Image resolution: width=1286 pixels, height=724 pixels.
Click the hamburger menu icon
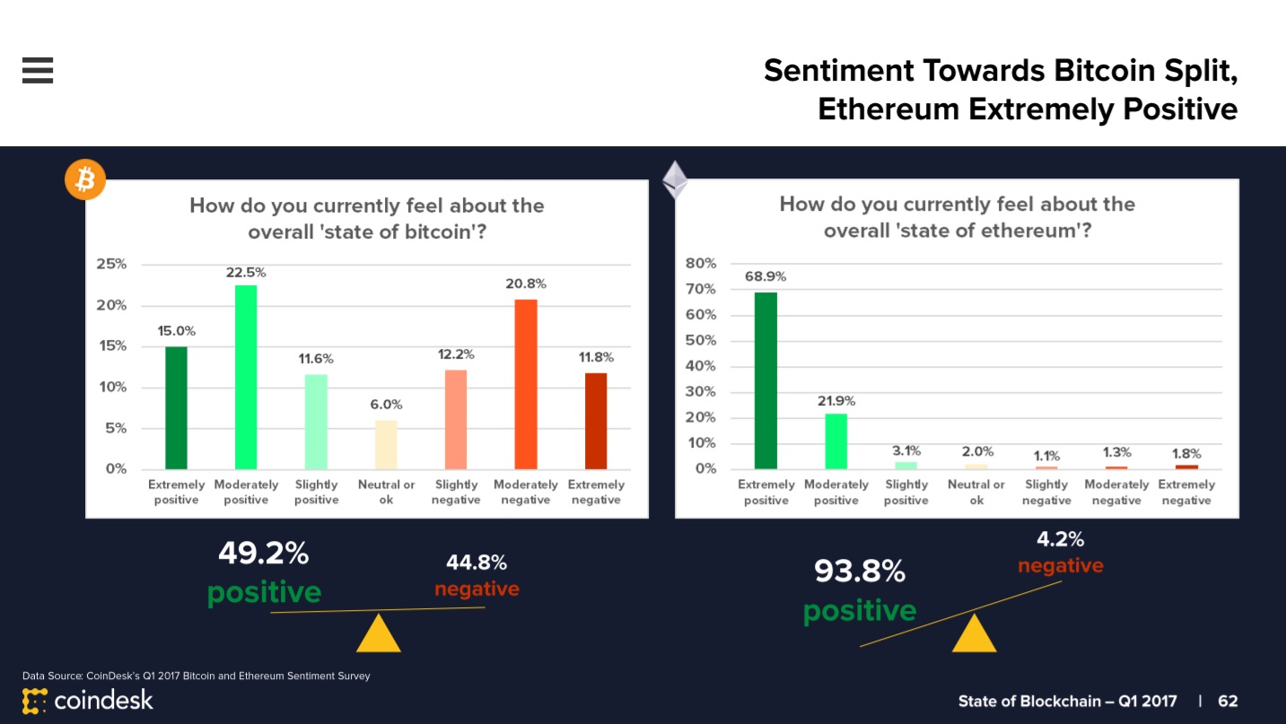(38, 70)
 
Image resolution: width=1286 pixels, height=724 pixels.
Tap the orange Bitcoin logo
(85, 181)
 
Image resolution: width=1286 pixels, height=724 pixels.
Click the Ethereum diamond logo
(675, 179)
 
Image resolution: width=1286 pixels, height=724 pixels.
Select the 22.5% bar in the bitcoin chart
(246, 377)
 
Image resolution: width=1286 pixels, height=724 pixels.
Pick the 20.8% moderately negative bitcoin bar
(526, 384)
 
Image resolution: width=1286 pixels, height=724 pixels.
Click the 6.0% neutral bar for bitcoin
(386, 444)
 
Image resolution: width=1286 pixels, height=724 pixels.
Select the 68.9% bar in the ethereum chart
(765, 380)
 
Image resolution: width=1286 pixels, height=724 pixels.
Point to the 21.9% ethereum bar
(835, 441)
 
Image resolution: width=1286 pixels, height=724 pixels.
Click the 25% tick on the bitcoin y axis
(112, 265)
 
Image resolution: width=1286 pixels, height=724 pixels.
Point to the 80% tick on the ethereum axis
(702, 264)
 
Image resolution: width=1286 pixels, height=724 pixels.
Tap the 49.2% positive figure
(264, 554)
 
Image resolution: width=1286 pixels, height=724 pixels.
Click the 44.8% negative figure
(477, 563)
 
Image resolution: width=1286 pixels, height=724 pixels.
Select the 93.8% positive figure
(860, 571)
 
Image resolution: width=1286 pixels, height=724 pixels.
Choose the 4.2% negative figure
(1060, 540)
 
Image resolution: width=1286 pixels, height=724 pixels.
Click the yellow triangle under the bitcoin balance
(378, 633)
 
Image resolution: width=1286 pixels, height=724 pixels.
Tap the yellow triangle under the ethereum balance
(974, 633)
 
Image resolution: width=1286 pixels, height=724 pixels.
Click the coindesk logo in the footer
(88, 700)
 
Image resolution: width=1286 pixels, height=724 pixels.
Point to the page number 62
(1228, 701)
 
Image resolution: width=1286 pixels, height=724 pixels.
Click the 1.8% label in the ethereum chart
(1186, 454)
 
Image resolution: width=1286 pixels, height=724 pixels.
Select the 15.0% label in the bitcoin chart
(176, 331)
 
